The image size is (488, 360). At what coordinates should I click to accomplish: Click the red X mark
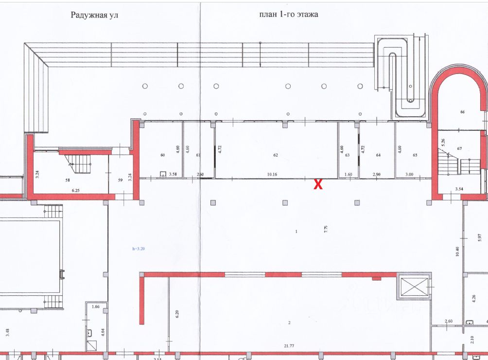click(x=318, y=184)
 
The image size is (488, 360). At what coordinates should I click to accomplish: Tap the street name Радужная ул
click(x=94, y=15)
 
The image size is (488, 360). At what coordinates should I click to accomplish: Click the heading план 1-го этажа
click(x=289, y=15)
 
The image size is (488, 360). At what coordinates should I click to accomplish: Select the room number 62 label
click(x=276, y=155)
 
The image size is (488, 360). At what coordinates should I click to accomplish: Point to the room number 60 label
click(x=163, y=155)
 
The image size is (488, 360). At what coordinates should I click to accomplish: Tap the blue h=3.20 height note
click(x=139, y=249)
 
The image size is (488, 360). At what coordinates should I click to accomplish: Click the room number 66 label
click(x=463, y=112)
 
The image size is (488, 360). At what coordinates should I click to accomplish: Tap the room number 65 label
click(x=415, y=155)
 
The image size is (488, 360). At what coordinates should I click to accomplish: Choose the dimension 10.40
click(x=457, y=251)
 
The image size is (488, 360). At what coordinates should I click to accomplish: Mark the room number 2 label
click(x=289, y=323)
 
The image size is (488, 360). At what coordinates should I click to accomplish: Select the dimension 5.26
click(x=443, y=143)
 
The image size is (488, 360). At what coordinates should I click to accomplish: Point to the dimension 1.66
click(x=95, y=306)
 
